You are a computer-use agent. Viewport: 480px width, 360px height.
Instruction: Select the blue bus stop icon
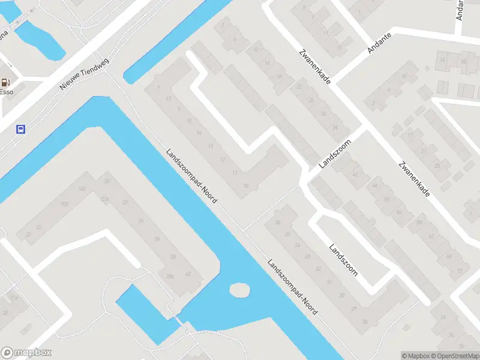(x=21, y=129)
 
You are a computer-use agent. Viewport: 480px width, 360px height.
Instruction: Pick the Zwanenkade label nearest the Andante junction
(x=314, y=67)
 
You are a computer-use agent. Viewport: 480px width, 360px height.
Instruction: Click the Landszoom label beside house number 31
(x=343, y=260)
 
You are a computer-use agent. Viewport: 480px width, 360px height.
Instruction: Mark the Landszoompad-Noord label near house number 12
(x=191, y=175)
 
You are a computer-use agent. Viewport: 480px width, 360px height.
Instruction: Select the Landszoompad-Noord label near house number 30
(x=292, y=287)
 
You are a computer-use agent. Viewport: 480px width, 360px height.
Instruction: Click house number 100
(x=64, y=205)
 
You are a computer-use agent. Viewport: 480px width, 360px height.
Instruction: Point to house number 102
(x=82, y=189)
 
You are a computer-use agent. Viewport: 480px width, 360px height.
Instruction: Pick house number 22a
(x=106, y=199)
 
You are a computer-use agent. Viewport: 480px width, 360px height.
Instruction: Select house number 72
(x=460, y=271)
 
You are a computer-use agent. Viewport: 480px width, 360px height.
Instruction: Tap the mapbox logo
(x=26, y=353)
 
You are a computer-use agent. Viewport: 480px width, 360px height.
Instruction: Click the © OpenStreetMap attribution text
(x=455, y=356)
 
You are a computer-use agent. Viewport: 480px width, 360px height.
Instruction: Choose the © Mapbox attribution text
(x=416, y=356)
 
